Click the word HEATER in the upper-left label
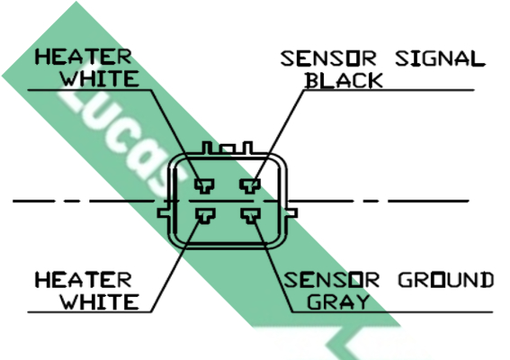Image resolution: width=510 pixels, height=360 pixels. [84, 57]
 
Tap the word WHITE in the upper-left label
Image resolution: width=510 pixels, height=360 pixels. [100, 78]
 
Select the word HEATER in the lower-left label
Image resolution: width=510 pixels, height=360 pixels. [84, 280]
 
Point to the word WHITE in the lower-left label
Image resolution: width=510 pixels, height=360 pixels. [100, 301]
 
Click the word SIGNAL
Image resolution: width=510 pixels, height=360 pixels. [440, 58]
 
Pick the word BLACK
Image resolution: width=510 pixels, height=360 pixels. [344, 80]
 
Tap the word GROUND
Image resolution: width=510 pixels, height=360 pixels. [446, 280]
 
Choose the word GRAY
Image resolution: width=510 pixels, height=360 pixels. [338, 301]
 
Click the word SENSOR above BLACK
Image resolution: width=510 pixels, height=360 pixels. [328, 58]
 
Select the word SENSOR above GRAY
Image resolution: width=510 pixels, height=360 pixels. [332, 280]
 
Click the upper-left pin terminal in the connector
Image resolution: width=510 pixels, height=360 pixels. [204, 186]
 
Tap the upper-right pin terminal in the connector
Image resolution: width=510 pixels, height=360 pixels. [250, 186]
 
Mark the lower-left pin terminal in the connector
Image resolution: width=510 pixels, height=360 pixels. [205, 216]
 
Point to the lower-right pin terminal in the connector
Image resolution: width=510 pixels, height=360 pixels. [250, 216]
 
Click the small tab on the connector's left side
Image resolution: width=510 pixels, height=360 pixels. [164, 213]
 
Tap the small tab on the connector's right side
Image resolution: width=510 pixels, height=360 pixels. [292, 213]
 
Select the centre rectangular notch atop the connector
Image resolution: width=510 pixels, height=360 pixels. [227, 149]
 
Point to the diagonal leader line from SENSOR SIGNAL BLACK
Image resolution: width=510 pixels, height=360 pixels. [280, 135]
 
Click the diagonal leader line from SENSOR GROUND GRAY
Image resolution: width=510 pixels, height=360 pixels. [273, 265]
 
